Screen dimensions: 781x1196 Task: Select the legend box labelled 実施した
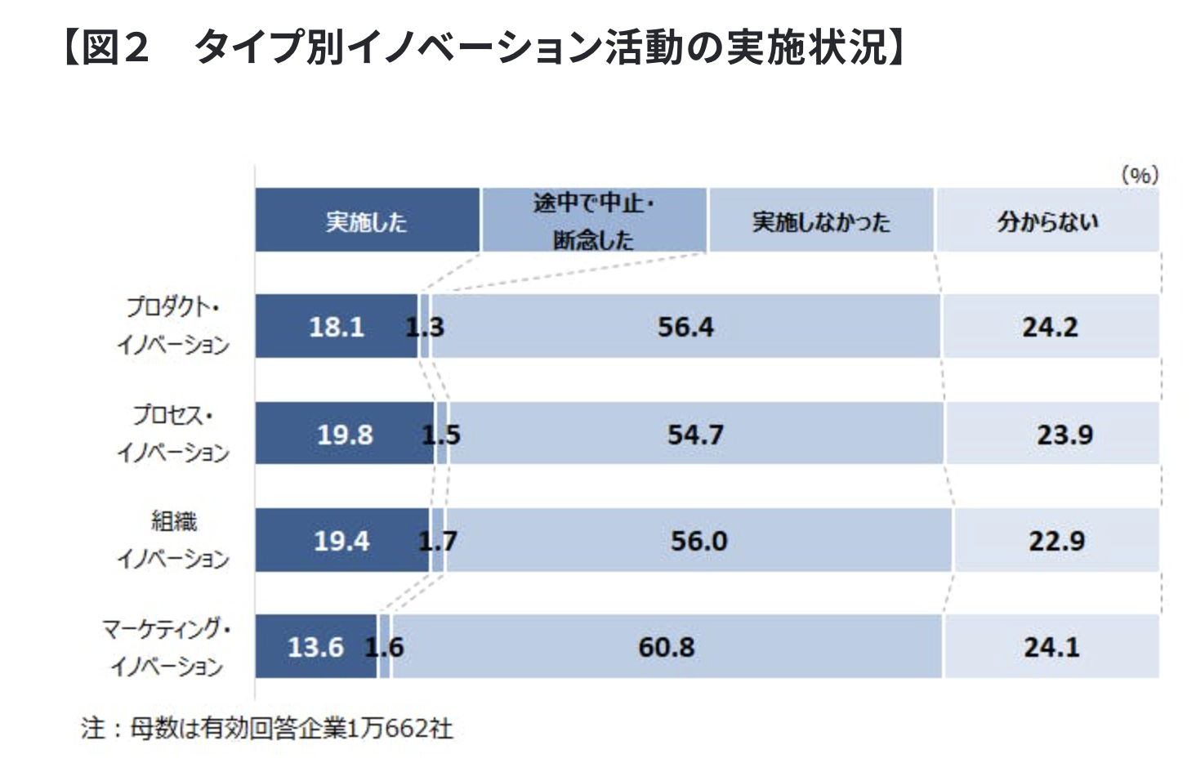pyautogui.click(x=367, y=221)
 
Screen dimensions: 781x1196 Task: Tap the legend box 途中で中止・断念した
pyautogui.click(x=594, y=221)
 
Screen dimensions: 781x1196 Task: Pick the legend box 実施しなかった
pyautogui.click(x=820, y=221)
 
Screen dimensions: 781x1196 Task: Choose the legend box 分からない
pyautogui.click(x=1047, y=221)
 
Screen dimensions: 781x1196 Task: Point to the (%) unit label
pyautogui.click(x=1140, y=174)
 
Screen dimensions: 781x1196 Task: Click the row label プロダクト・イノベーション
pyautogui.click(x=172, y=325)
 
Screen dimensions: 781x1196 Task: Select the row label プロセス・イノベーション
pyautogui.click(x=172, y=433)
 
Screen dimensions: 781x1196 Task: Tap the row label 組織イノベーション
pyautogui.click(x=172, y=540)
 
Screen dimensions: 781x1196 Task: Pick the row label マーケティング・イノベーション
pyautogui.click(x=167, y=646)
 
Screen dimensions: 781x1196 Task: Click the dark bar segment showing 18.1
pyautogui.click(x=336, y=327)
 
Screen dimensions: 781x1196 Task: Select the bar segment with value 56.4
pyautogui.click(x=685, y=327)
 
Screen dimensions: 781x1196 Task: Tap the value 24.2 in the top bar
pyautogui.click(x=1050, y=327)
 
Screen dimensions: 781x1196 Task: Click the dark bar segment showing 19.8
pyautogui.click(x=345, y=434)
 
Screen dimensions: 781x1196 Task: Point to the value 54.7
pyautogui.click(x=695, y=434)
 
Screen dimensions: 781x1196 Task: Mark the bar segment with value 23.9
pyautogui.click(x=1064, y=434)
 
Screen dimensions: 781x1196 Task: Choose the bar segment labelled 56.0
pyautogui.click(x=698, y=540)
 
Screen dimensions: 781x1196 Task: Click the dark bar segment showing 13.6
pyautogui.click(x=315, y=647)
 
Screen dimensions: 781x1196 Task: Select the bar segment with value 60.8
pyautogui.click(x=666, y=647)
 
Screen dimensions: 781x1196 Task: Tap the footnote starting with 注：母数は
pyautogui.click(x=267, y=728)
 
